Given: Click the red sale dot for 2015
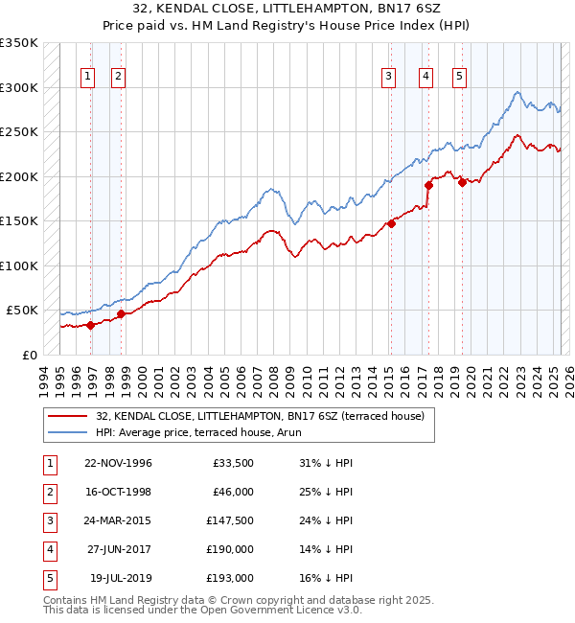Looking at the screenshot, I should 390,223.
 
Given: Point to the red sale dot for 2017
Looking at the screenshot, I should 428,185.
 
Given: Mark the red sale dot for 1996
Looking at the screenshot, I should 90,325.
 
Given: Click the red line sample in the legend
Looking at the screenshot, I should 68,416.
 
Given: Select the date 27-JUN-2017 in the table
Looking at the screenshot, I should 118,550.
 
